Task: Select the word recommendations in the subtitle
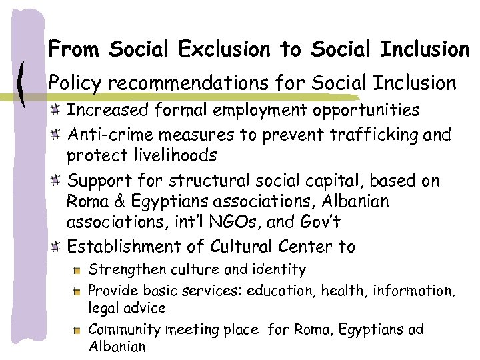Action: tap(190, 83)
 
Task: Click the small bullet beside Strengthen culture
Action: tap(79, 271)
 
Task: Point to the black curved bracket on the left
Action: tap(24, 83)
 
